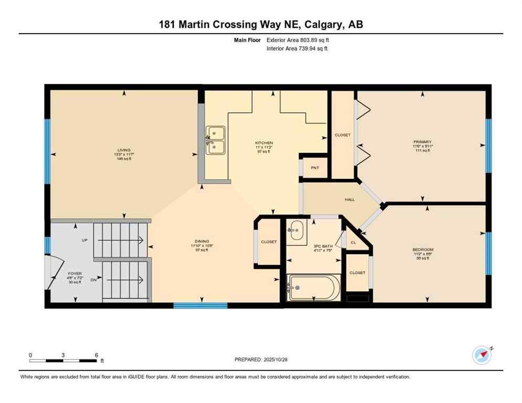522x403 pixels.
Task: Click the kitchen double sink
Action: pyautogui.click(x=215, y=140)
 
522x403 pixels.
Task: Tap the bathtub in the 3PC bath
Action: pyautogui.click(x=314, y=288)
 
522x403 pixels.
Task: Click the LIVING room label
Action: pyautogui.click(x=124, y=150)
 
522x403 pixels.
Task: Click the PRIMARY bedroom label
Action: pyautogui.click(x=422, y=142)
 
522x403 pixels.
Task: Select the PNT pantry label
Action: pyautogui.click(x=315, y=168)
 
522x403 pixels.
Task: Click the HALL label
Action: pyautogui.click(x=342, y=199)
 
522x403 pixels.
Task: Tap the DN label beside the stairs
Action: pyautogui.click(x=93, y=280)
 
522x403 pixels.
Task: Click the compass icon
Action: pyautogui.click(x=482, y=355)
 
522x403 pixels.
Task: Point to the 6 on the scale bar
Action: pyautogui.click(x=96, y=355)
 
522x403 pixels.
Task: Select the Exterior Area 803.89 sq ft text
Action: pyautogui.click(x=298, y=40)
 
